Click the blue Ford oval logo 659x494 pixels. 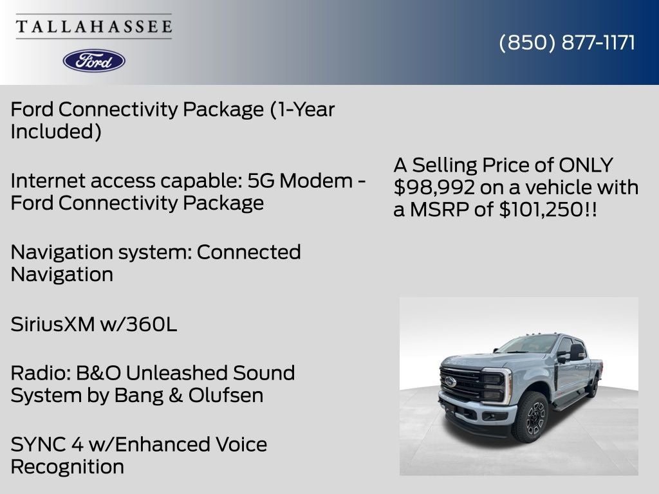pyautogui.click(x=94, y=60)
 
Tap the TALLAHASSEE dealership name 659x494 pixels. pyautogui.click(x=94, y=27)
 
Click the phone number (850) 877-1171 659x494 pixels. pyautogui.click(x=567, y=42)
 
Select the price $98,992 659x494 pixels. pyautogui.click(x=434, y=187)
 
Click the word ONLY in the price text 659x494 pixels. pyautogui.click(x=586, y=165)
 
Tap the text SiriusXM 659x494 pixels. pyautogui.click(x=52, y=325)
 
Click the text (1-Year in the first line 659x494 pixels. pyautogui.click(x=302, y=109)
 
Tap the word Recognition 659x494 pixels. pyautogui.click(x=68, y=466)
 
